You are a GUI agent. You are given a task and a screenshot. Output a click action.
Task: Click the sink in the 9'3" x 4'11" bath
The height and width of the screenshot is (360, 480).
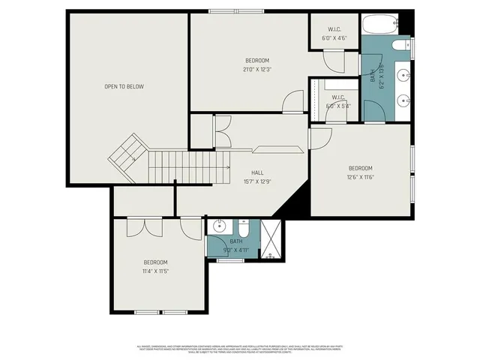220,226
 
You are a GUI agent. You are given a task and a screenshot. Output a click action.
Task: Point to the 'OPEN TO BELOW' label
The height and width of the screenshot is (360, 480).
124,86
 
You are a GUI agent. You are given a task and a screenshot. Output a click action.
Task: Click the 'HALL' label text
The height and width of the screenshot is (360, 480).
257,172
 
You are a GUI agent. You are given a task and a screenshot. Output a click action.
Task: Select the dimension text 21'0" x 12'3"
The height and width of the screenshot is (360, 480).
257,69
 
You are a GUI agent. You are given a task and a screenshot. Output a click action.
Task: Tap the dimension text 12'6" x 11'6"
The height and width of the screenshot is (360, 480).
360,176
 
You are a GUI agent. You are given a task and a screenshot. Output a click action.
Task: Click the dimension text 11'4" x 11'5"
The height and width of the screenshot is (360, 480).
156,271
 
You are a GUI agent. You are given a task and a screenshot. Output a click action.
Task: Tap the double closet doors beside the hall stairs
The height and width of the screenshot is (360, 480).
223,132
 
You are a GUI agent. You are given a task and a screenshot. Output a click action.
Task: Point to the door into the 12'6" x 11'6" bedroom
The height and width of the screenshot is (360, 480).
320,139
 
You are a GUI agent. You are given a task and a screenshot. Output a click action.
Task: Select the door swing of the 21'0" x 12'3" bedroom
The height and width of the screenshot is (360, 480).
294,101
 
